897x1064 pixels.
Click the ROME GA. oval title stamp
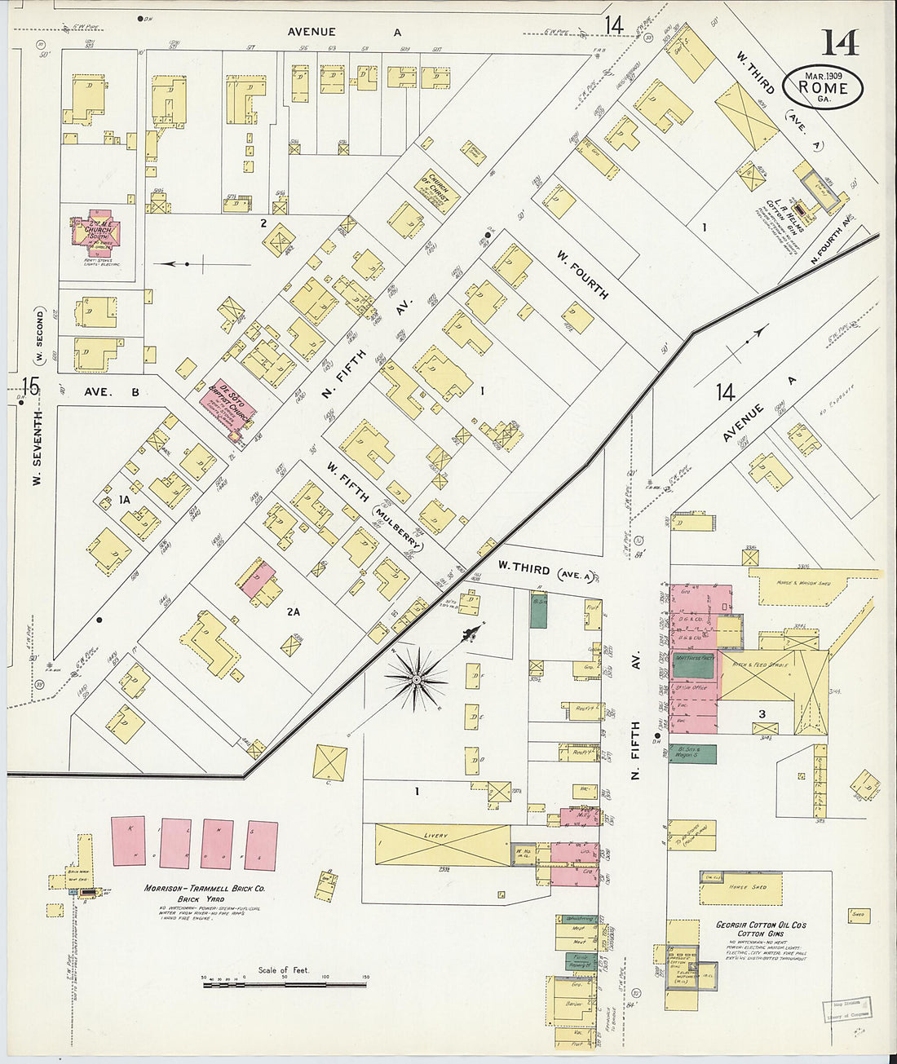pos(823,86)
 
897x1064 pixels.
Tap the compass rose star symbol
pos(417,678)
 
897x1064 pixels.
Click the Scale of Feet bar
pos(285,985)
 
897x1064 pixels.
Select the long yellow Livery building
pos(442,844)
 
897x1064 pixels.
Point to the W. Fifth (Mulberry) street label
pos(374,506)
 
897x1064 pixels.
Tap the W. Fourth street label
pos(582,275)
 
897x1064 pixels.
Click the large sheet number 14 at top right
pos(839,42)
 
